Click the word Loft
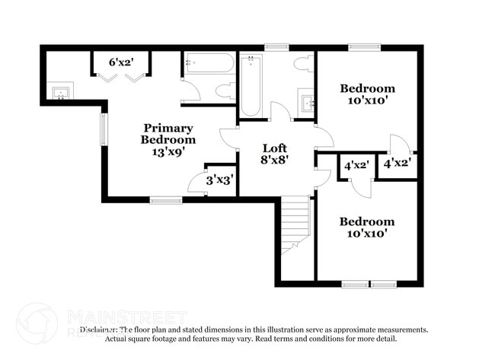click(274, 148)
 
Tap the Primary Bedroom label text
click(168, 134)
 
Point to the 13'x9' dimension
click(168, 151)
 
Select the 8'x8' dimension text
click(274, 160)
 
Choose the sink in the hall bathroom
click(306, 101)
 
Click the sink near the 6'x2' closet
click(59, 94)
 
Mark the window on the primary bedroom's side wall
click(104, 129)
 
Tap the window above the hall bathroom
click(276, 47)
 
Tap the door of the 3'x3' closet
click(196, 186)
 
